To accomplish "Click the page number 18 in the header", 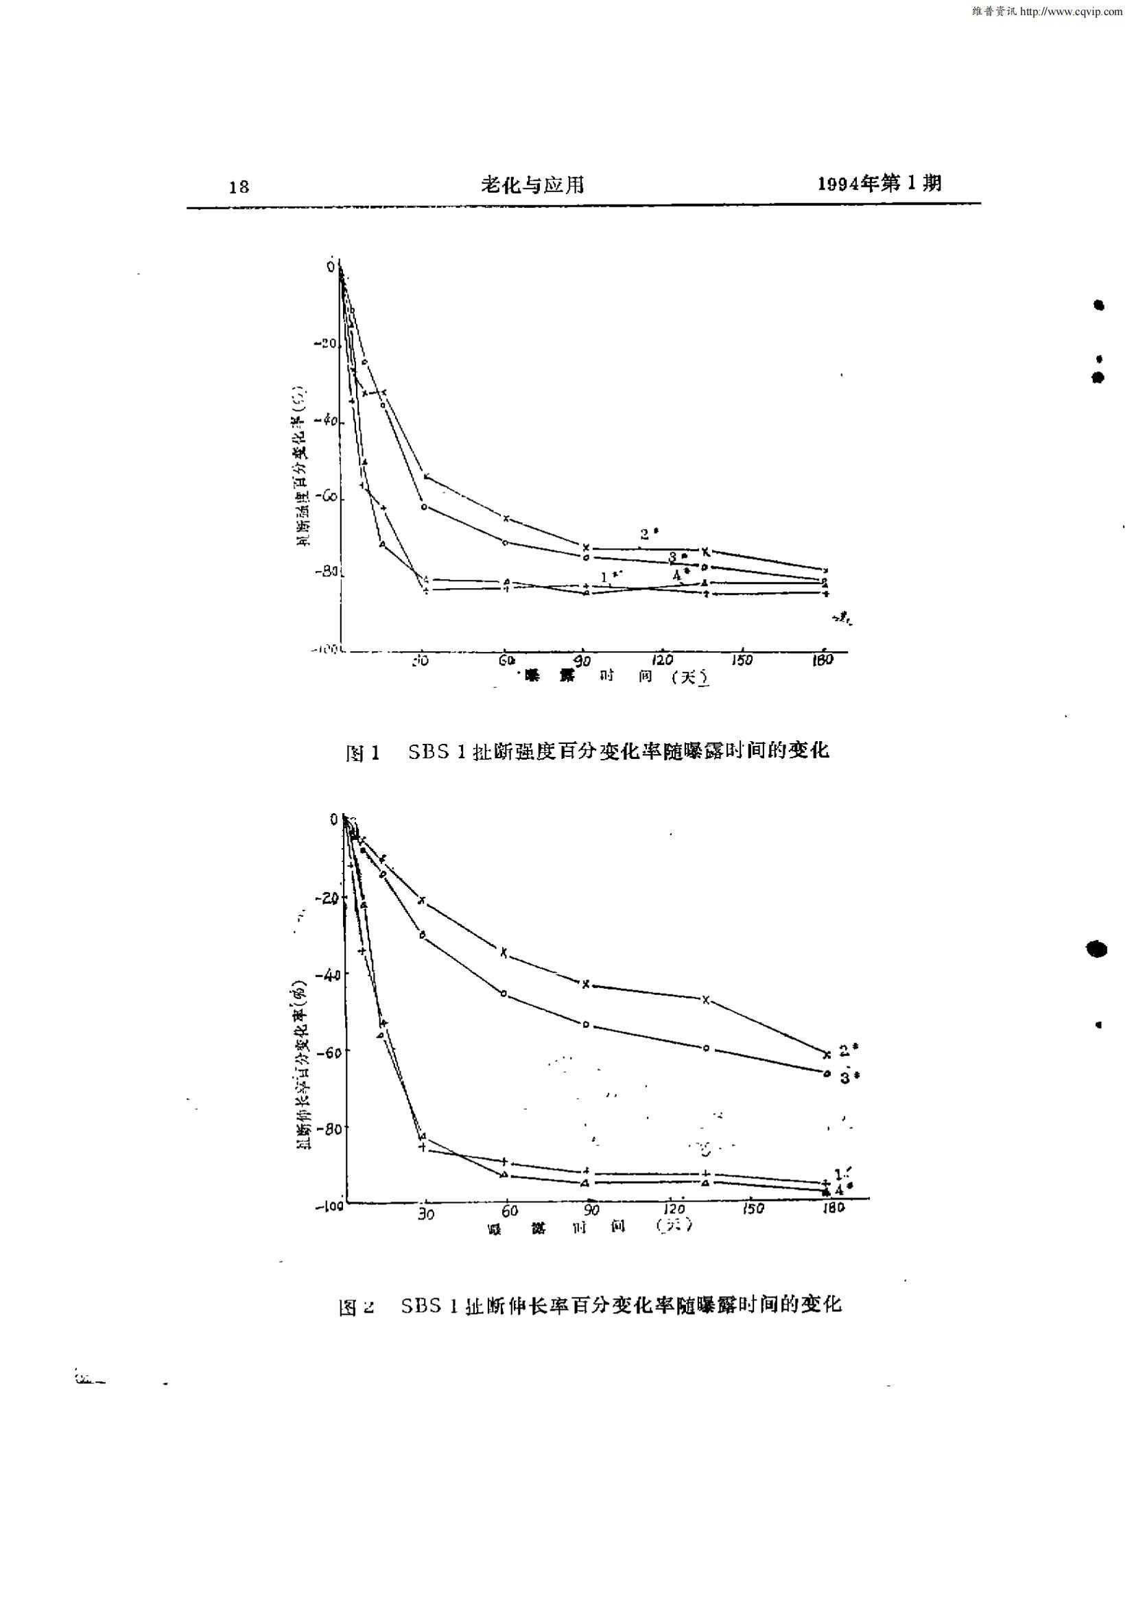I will pyautogui.click(x=239, y=187).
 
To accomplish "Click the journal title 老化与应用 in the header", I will pyautogui.click(x=533, y=185).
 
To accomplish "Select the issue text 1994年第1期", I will pyautogui.click(x=879, y=183).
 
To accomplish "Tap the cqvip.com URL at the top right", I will pyautogui.click(x=1048, y=12).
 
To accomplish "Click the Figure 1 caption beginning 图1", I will pyautogui.click(x=587, y=751).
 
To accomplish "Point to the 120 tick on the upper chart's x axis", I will pyautogui.click(x=662, y=659).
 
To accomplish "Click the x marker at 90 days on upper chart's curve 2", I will pyautogui.click(x=586, y=547).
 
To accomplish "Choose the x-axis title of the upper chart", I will pyautogui.click(x=615, y=676).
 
